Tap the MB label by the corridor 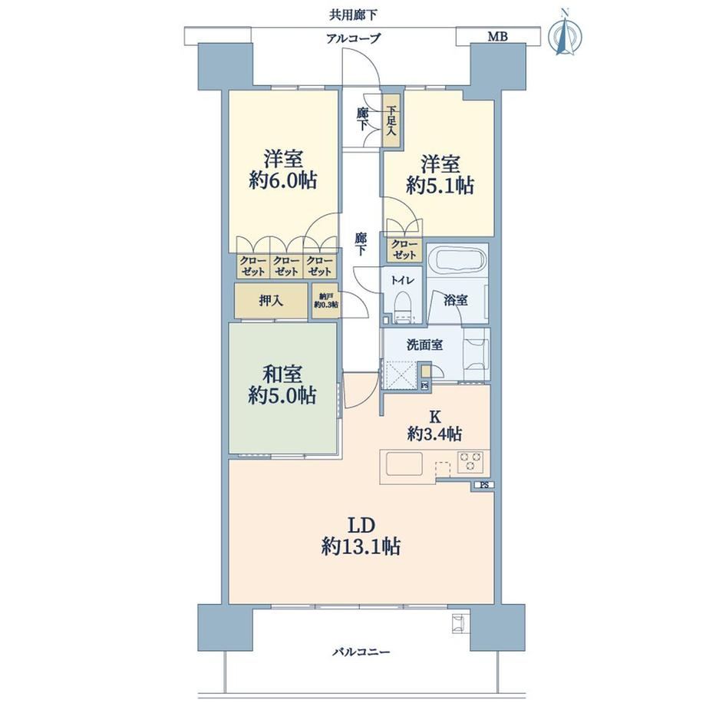(497, 37)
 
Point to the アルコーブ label (353, 38)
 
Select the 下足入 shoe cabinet (391, 120)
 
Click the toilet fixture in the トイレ (402, 307)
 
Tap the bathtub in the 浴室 (457, 262)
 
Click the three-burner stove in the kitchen (470, 463)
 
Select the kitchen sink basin (404, 464)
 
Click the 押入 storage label (271, 300)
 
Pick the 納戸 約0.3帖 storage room (326, 301)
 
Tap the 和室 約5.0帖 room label (282, 384)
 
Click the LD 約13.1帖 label (361, 536)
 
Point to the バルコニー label (361, 652)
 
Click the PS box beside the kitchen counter (484, 485)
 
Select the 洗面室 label (424, 345)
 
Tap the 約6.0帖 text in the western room (282, 180)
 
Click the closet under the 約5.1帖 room (404, 250)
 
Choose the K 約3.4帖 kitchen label (434, 425)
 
